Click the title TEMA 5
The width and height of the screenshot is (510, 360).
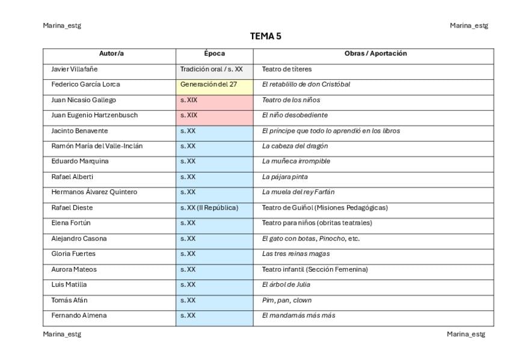pos(265,37)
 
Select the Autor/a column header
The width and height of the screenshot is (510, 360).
pos(111,53)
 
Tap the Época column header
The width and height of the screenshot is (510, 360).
pos(214,53)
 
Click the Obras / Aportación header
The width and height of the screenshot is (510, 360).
pos(375,53)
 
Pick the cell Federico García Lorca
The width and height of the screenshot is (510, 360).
pos(85,84)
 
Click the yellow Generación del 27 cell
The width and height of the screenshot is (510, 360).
pos(209,84)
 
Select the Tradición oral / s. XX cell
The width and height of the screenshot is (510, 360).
pos(212,69)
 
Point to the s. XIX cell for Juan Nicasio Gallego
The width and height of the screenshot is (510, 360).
pos(189,100)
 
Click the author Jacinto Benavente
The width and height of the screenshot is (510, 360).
pos(80,130)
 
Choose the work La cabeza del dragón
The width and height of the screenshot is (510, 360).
pos(295,146)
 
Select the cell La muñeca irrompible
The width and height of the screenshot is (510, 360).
pos(296,161)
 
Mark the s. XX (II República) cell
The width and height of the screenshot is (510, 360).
pos(209,207)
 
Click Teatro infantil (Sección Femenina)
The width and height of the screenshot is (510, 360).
pos(315,269)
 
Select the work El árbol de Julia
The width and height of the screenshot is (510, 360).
pos(286,284)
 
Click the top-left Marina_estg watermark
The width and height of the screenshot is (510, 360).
pos(62,25)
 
